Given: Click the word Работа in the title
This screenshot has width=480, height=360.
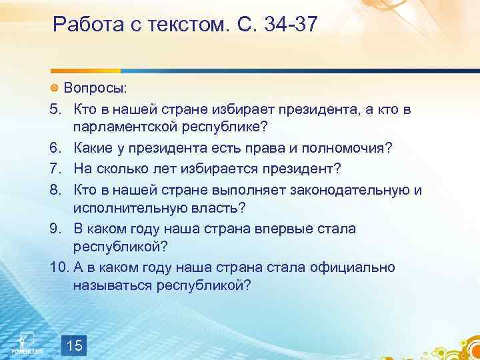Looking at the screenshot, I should point(84,26).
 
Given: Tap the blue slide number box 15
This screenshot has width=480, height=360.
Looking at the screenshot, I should point(75,345).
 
